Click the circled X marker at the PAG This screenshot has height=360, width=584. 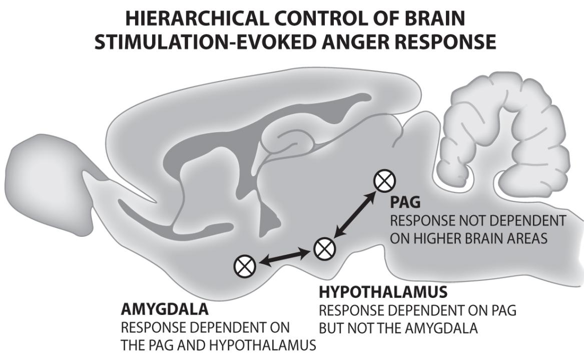pos(385,180)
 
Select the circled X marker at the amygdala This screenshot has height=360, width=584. pos(245,265)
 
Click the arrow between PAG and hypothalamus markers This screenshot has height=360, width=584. pos(355,214)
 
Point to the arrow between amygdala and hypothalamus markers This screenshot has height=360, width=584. pos(284,256)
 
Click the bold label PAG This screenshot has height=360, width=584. pos(404,203)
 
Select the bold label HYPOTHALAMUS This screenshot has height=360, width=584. pos(383,291)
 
